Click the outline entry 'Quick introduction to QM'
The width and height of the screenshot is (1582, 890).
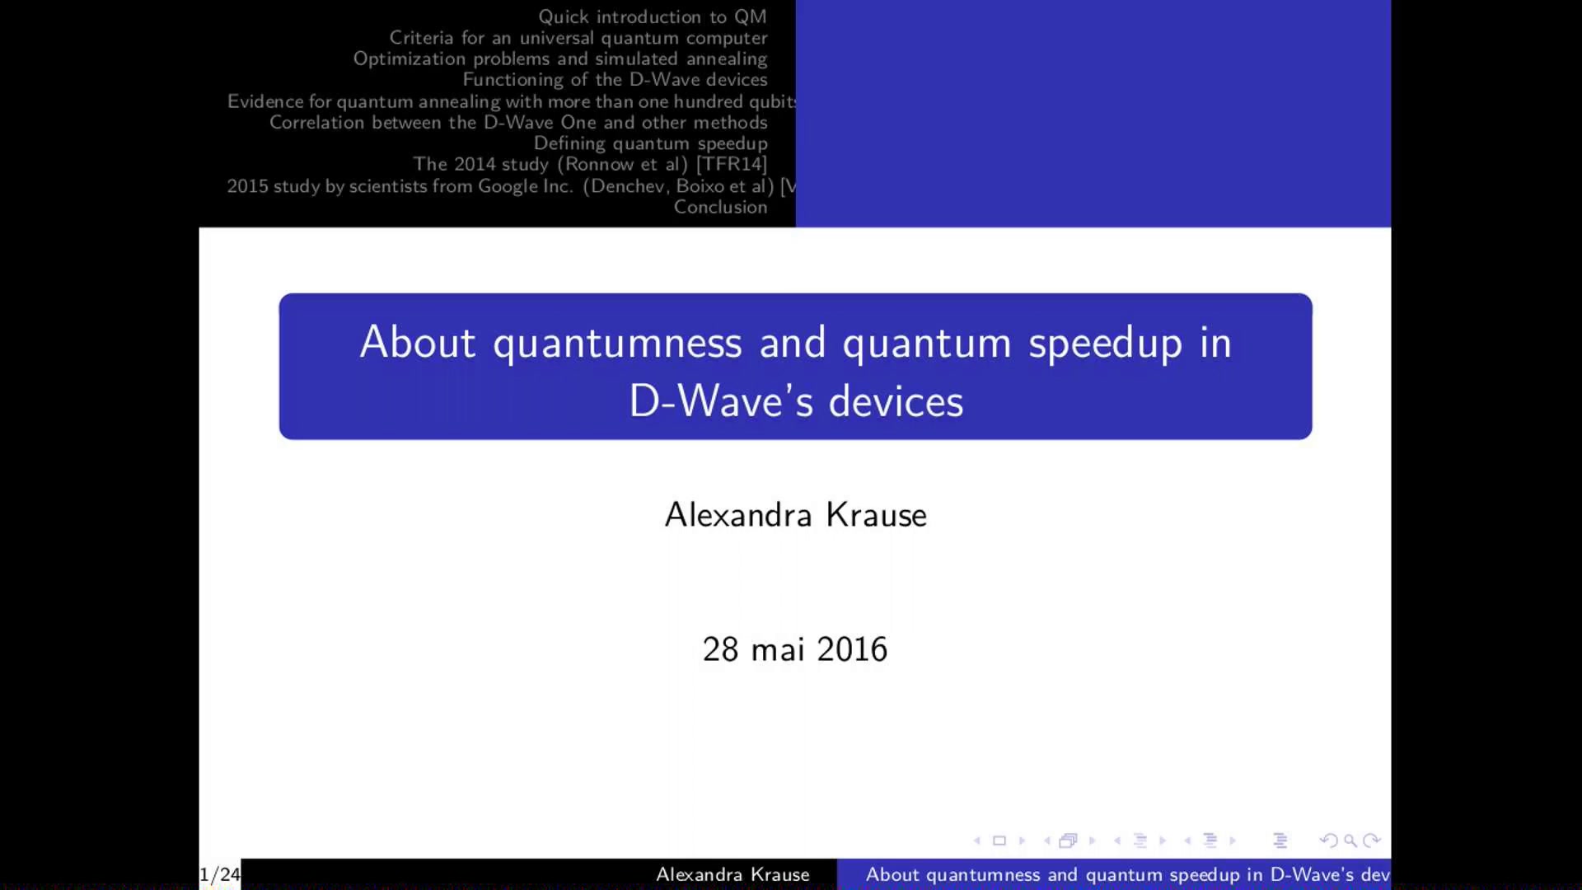tap(653, 16)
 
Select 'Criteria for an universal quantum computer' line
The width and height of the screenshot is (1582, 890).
tap(578, 38)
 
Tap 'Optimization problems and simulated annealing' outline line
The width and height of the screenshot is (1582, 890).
tap(560, 59)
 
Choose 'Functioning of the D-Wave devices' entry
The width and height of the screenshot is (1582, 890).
tap(615, 79)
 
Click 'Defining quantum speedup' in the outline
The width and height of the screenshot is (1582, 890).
tap(651, 143)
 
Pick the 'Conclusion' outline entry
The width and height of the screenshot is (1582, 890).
tap(721, 207)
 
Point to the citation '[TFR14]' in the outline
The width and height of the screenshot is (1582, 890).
tap(732, 164)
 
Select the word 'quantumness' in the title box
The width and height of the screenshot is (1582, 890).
tap(617, 344)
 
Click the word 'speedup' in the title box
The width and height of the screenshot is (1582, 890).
tap(1105, 344)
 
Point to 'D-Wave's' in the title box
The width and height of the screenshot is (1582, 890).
tap(721, 401)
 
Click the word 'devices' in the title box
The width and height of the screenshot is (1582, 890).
tap(896, 401)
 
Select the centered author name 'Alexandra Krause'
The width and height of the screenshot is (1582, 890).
tap(796, 515)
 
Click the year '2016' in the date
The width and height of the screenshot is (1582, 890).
tap(852, 649)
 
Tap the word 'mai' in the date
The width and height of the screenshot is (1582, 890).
tap(778, 649)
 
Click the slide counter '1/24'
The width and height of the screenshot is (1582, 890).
tap(220, 874)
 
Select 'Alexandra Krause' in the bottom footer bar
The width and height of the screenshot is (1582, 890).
tap(732, 874)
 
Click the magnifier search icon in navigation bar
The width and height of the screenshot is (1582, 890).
tap(1350, 841)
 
